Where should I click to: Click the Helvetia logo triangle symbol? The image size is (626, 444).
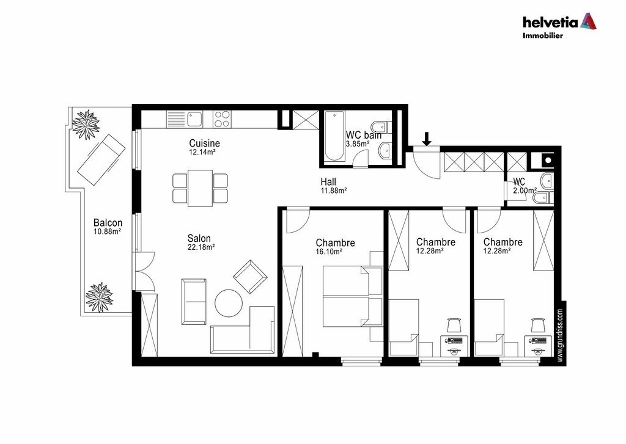[588, 21]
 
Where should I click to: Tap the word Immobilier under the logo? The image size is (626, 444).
[543, 35]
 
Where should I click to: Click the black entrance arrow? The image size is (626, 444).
[427, 139]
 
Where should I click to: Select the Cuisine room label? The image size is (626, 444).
[204, 143]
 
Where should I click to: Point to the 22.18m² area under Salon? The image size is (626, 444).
[201, 247]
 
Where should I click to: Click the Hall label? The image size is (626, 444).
[328, 182]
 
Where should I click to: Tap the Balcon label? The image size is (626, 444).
[108, 222]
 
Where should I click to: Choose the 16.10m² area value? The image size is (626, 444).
[329, 252]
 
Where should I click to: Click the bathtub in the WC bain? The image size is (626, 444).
[334, 136]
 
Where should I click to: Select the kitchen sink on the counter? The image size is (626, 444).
[194, 118]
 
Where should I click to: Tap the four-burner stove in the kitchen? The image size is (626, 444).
[221, 118]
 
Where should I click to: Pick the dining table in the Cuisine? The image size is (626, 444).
[200, 188]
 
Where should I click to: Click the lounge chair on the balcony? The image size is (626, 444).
[101, 159]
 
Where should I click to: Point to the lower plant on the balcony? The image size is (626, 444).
[99, 297]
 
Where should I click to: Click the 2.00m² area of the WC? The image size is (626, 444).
[525, 191]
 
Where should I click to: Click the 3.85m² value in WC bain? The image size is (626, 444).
[358, 144]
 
